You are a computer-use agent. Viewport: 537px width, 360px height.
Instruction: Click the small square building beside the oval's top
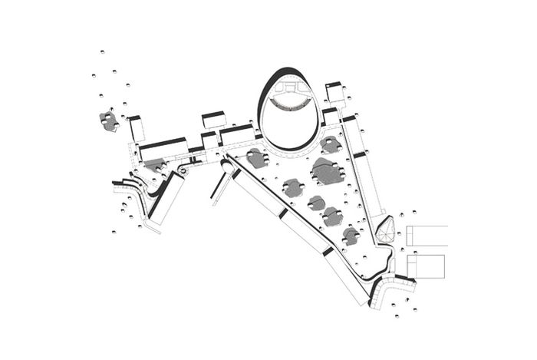tap(334, 93)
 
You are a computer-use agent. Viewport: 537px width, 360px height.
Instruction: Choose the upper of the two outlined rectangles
tap(427, 236)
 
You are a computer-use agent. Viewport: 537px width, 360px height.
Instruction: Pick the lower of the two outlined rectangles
tap(427, 266)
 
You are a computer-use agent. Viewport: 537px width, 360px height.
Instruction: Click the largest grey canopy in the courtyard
tap(325, 172)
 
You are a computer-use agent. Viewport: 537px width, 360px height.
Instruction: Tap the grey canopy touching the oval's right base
tap(331, 144)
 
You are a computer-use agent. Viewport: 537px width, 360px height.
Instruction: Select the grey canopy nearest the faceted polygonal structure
tap(351, 236)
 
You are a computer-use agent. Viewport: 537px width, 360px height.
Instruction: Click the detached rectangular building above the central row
tap(214, 121)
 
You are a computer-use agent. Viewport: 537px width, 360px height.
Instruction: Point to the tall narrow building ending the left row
tap(136, 129)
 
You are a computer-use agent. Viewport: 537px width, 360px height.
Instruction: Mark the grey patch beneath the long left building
tap(154, 164)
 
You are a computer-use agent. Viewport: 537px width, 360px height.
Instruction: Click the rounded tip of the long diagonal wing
tap(228, 163)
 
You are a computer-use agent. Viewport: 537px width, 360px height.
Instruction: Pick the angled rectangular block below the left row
tap(168, 197)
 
